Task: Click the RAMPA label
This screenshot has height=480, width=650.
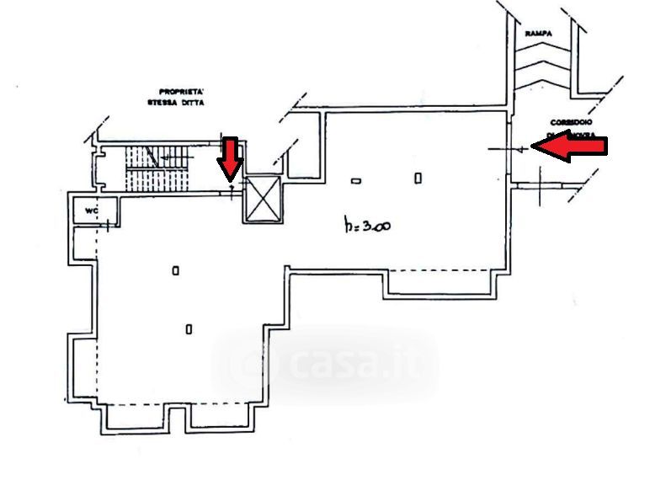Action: (538, 33)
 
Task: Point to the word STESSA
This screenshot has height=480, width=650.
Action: (161, 102)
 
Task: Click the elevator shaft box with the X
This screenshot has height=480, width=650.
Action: (264, 200)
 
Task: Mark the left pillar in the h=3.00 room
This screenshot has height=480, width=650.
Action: (356, 179)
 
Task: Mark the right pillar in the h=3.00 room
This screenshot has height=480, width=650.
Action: (418, 177)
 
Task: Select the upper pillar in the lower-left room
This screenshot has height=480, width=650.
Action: (175, 270)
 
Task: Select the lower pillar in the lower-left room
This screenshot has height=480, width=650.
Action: (188, 328)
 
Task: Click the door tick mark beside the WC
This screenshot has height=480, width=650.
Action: (109, 225)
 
